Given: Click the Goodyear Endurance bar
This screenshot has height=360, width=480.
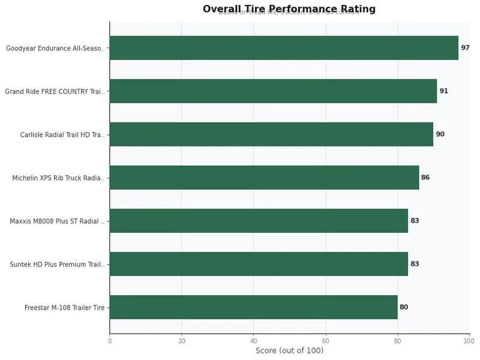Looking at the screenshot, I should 284,48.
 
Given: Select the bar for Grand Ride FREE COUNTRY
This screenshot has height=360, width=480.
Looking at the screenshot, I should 273,91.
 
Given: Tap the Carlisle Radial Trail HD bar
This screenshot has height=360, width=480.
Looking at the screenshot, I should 271,134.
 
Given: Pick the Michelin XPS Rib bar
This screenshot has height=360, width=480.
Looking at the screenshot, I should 264,178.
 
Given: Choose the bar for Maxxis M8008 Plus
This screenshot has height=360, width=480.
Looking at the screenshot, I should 259,221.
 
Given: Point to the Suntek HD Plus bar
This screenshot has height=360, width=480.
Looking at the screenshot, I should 259,264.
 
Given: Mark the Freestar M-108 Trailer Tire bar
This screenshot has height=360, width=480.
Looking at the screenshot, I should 253,307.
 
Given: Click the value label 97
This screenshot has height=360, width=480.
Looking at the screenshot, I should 465,48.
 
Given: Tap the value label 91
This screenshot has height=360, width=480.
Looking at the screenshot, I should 443,91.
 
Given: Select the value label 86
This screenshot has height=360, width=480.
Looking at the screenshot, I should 425,178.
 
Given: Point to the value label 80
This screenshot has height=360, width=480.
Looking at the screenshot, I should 404,307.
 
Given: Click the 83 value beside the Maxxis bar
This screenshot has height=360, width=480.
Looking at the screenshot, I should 415,221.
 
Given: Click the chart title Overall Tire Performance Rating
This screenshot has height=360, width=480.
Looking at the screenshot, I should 289,9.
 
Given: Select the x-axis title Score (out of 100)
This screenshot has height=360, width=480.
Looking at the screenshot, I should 289,350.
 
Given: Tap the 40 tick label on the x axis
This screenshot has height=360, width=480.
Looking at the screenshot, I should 253,341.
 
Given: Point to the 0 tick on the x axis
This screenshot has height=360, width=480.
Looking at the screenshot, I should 110,341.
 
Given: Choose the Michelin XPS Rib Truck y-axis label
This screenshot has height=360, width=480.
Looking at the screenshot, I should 58,178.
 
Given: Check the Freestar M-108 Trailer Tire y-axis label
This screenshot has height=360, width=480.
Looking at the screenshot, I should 64,308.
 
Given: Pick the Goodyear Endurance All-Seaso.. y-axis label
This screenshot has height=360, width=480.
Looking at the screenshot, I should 55,49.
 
